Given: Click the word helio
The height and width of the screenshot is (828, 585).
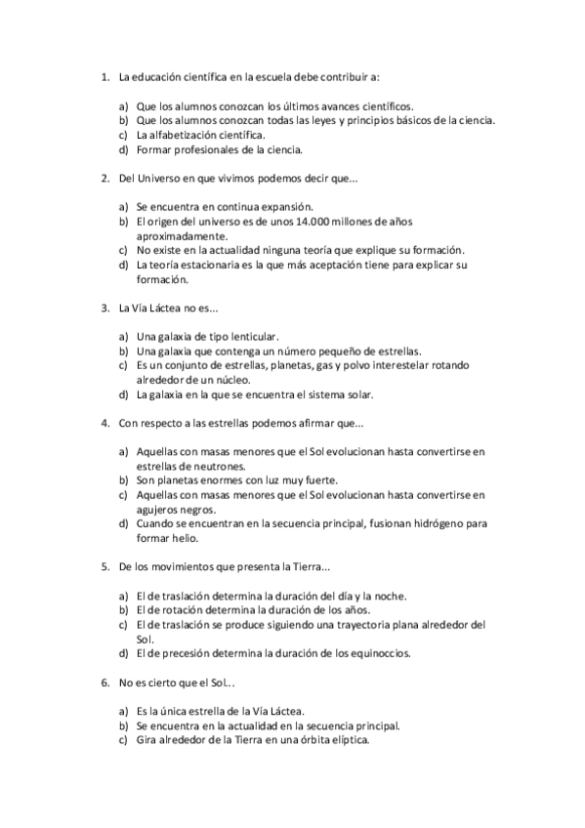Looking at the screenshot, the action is point(183,538).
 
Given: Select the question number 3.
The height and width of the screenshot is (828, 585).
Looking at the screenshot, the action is point(104,308).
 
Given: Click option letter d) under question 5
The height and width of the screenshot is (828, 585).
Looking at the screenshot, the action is point(124,653).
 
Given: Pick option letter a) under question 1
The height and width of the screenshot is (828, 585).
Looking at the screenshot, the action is point(124,106).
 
